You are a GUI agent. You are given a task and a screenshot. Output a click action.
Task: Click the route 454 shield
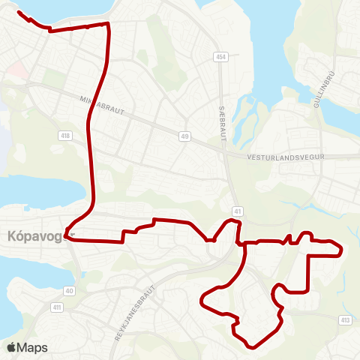click(x=220, y=57)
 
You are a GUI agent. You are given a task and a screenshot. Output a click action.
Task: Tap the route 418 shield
click(x=66, y=135)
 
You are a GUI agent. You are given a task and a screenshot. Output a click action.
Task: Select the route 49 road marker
click(x=184, y=136)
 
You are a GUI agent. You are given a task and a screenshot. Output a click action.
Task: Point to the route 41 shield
click(x=236, y=211)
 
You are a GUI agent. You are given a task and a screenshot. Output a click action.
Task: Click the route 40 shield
click(x=70, y=290)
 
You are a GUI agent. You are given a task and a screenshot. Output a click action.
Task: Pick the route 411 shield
click(x=57, y=307)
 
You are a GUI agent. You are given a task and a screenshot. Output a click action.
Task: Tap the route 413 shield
click(x=344, y=320)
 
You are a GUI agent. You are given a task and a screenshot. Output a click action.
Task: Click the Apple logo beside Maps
click(x=11, y=347)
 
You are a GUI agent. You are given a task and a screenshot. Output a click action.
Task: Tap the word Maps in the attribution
click(x=32, y=347)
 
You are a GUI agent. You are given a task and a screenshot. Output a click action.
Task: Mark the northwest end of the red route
click(x=18, y=12)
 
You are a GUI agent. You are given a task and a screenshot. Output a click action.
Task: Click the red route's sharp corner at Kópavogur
click(x=67, y=236)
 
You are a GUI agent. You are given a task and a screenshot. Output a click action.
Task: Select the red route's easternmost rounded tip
click(x=342, y=249)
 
